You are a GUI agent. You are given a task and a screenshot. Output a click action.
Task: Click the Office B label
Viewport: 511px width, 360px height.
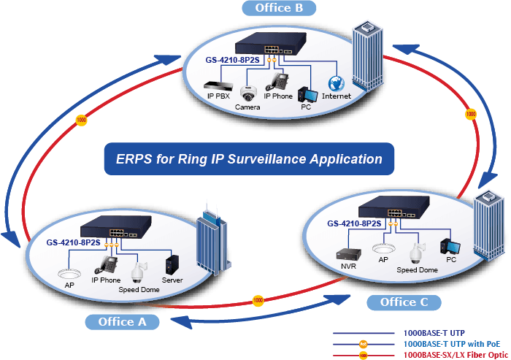(x=279, y=8)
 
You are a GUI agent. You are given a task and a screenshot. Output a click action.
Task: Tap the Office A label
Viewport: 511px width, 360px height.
(x=122, y=322)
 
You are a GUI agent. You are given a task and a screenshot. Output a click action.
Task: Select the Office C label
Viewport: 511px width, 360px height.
(x=404, y=302)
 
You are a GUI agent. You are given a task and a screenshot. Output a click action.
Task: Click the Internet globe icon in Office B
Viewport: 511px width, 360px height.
(x=337, y=84)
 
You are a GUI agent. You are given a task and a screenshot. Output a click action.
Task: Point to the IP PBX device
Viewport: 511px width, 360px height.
(x=218, y=85)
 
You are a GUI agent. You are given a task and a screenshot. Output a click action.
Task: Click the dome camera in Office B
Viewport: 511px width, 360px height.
(x=248, y=93)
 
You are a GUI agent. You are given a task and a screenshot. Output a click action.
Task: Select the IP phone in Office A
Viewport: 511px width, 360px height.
(x=106, y=265)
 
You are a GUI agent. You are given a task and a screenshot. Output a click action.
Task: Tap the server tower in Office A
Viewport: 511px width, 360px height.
(x=172, y=265)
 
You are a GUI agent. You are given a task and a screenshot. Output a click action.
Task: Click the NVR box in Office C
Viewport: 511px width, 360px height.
(x=348, y=254)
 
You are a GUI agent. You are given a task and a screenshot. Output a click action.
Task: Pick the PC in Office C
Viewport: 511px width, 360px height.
(x=450, y=247)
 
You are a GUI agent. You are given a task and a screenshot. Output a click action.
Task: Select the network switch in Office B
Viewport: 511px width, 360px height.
(x=271, y=43)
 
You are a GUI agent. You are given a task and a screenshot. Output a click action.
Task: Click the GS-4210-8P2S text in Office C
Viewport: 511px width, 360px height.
(x=354, y=223)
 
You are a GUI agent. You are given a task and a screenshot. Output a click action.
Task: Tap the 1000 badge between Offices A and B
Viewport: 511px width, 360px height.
(x=81, y=120)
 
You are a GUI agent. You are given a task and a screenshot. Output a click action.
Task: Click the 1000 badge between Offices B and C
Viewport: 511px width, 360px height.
(x=470, y=114)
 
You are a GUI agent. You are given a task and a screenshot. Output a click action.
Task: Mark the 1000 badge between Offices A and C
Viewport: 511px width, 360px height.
(x=258, y=300)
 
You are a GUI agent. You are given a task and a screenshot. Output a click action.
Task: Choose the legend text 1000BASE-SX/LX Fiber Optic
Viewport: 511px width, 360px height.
(x=456, y=355)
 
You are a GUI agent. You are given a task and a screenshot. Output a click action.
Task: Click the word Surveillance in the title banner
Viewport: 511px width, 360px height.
(x=266, y=159)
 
